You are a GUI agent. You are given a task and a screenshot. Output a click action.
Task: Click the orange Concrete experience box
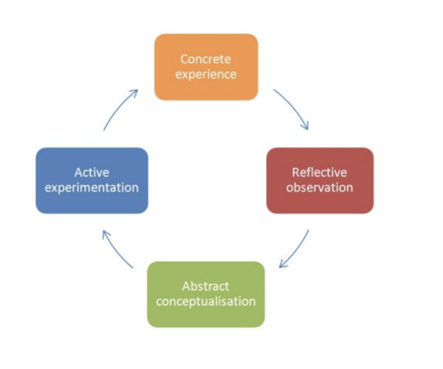206,67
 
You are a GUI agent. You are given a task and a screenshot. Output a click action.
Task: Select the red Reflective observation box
320,181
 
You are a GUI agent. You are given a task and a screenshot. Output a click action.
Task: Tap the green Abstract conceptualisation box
206,294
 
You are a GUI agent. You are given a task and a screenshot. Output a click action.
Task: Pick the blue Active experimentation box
92,181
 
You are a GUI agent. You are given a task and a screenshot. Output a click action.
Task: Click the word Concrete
205,59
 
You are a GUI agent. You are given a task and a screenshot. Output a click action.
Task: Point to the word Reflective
320,172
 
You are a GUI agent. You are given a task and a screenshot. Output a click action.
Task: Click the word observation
320,188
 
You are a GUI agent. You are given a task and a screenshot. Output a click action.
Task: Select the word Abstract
205,286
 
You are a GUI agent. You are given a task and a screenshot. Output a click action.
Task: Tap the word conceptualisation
205,302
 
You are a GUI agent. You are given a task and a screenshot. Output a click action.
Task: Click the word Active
92,172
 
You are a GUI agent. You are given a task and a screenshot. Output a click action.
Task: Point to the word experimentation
92,188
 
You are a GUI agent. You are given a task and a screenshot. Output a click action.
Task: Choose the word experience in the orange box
205,74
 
